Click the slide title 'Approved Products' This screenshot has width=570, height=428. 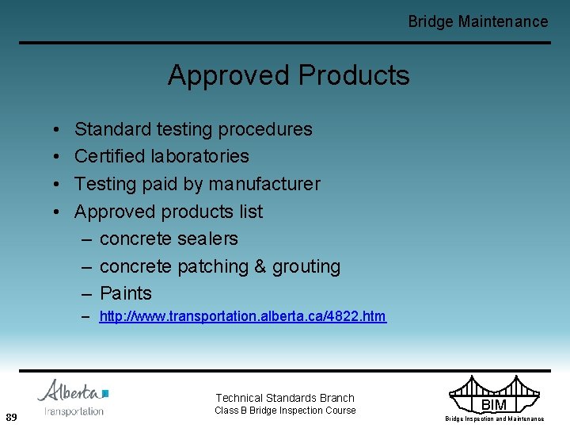coord(288,75)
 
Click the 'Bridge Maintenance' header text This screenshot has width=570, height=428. coord(477,21)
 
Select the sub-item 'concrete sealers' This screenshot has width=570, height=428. coord(169,239)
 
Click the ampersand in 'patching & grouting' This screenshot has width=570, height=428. coord(260,266)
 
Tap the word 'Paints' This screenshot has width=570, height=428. coord(125,293)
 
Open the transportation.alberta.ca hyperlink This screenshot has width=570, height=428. coord(242,317)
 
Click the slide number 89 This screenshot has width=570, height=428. coord(11,417)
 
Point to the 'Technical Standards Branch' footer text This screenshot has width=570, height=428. coord(285,398)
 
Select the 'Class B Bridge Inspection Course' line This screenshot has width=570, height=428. coord(285,411)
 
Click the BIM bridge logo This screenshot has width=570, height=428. coord(493,394)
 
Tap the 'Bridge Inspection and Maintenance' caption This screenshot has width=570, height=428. coord(494,418)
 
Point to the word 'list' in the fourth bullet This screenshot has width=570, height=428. coord(250,212)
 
